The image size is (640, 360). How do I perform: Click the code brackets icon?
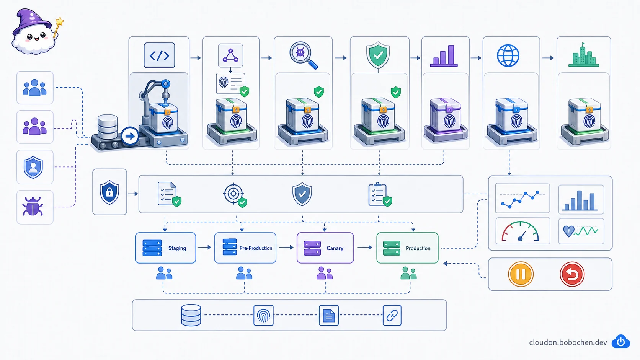click(x=159, y=55)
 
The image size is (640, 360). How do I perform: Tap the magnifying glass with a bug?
click(x=304, y=55)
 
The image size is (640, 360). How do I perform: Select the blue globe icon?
click(x=508, y=56)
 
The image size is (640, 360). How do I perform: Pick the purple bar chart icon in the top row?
click(x=444, y=56)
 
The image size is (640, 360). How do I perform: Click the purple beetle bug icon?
click(x=33, y=206)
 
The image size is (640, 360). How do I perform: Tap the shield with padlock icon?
click(x=109, y=192)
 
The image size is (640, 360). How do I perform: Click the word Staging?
click(x=177, y=248)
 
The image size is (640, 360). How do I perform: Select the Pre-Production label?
click(x=256, y=248)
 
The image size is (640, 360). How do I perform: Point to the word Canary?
click(x=335, y=248)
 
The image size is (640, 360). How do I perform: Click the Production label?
click(x=418, y=248)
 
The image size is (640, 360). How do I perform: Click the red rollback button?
click(x=572, y=274)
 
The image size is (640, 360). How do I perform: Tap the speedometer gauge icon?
click(x=520, y=231)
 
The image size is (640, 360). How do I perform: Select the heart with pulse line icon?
click(x=581, y=231)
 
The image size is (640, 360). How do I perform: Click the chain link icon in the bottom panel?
click(x=392, y=316)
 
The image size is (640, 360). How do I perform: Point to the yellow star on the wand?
click(x=59, y=21)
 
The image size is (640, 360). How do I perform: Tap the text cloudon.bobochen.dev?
click(x=568, y=342)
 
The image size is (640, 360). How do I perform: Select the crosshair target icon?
click(x=233, y=194)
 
